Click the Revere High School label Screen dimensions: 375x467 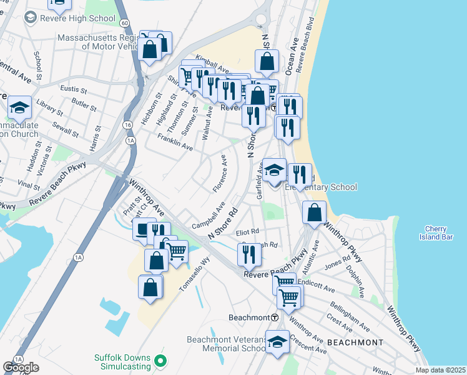[77, 18]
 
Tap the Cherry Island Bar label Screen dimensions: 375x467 [435, 232]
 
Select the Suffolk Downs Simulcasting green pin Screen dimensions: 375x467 [160, 361]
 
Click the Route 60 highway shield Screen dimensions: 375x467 [125, 22]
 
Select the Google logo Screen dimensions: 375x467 [21, 367]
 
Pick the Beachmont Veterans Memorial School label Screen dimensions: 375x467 [227, 344]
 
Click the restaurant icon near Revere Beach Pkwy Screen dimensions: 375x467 [249, 253]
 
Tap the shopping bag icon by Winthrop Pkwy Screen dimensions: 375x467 [314, 212]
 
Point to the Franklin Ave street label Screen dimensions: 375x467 [175, 142]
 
